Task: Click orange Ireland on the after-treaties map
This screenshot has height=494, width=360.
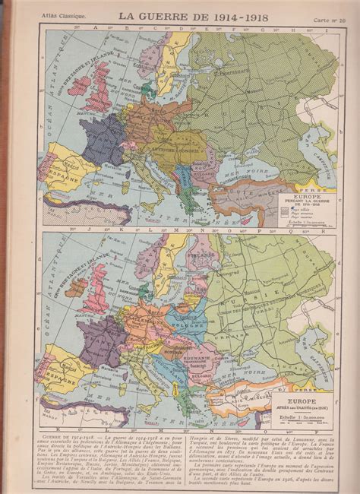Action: coord(77,287)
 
